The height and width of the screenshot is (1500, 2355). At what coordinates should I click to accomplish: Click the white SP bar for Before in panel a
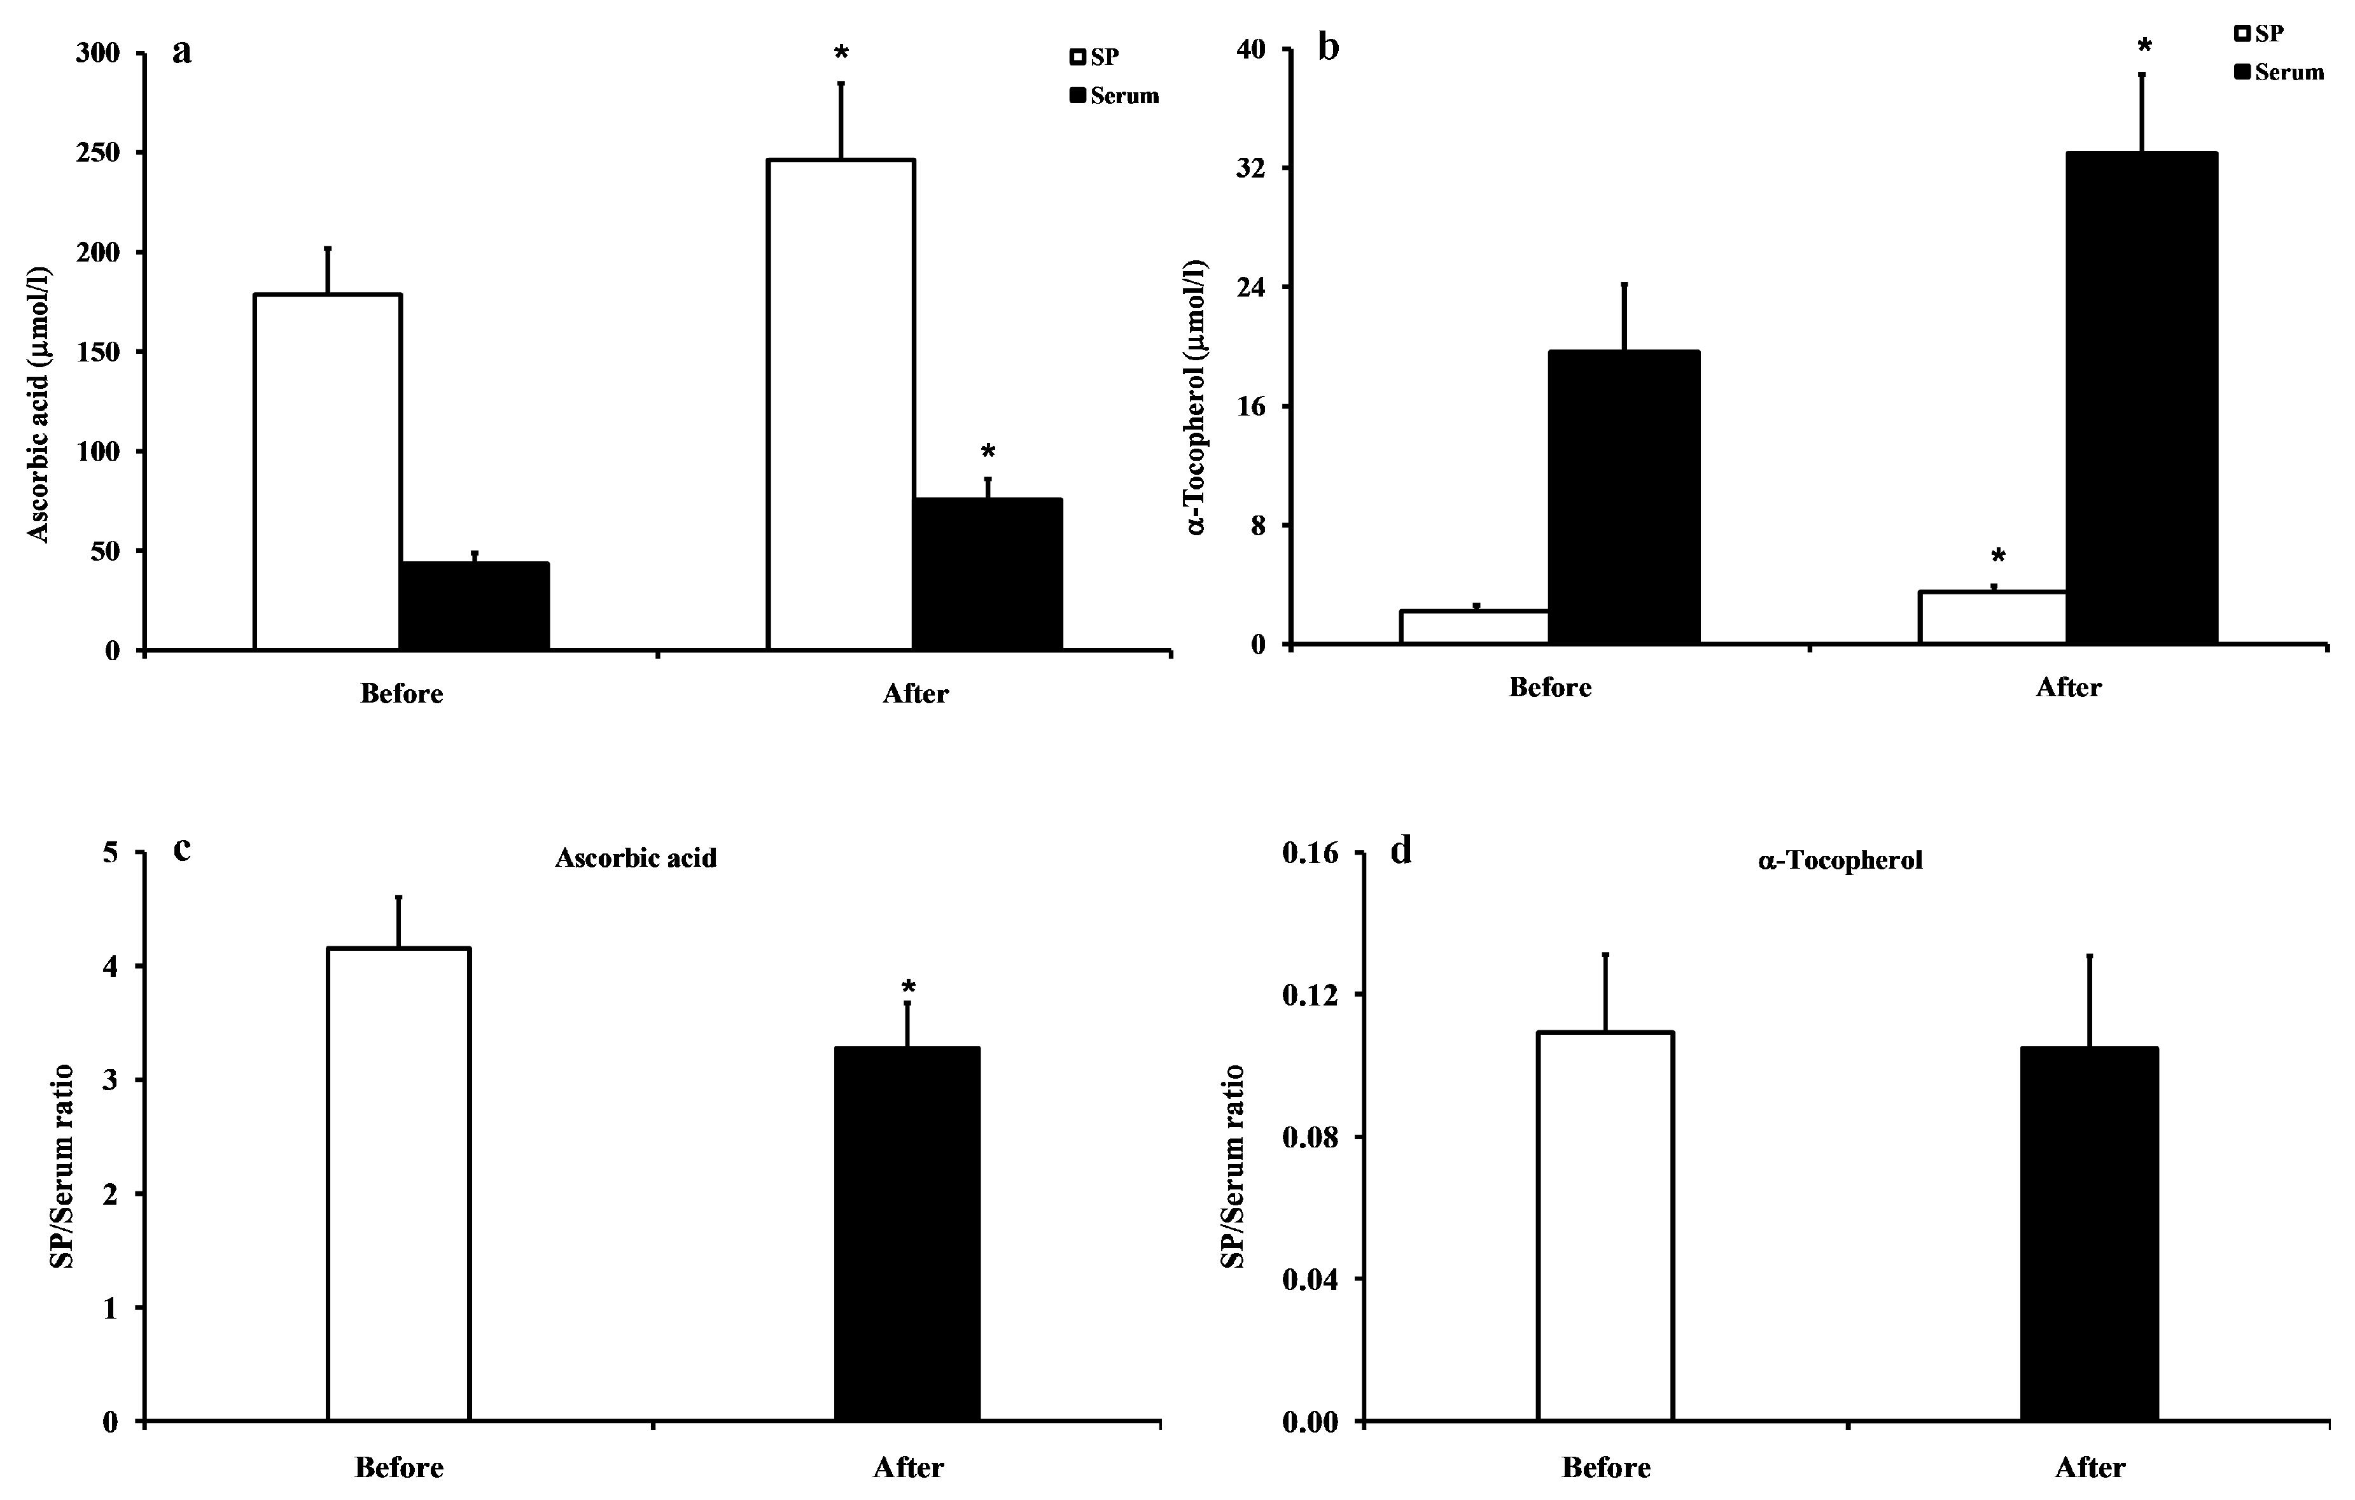coord(328,472)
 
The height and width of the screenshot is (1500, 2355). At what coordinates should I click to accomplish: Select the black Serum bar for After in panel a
coord(987,574)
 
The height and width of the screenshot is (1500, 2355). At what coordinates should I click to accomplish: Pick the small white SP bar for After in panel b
coord(1992,617)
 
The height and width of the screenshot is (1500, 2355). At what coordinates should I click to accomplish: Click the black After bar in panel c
coord(907,1233)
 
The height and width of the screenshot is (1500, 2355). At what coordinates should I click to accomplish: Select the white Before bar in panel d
coord(1605,1225)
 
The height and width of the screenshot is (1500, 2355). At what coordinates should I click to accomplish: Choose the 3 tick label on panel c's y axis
coord(109,1081)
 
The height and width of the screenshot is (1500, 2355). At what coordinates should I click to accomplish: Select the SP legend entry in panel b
coord(2259,33)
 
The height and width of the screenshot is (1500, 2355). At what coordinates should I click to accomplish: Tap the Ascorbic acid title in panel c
coord(636,858)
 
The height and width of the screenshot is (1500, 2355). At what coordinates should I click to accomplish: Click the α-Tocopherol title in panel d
coord(1840,860)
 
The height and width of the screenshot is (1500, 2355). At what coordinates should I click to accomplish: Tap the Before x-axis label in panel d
coord(1606,1467)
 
